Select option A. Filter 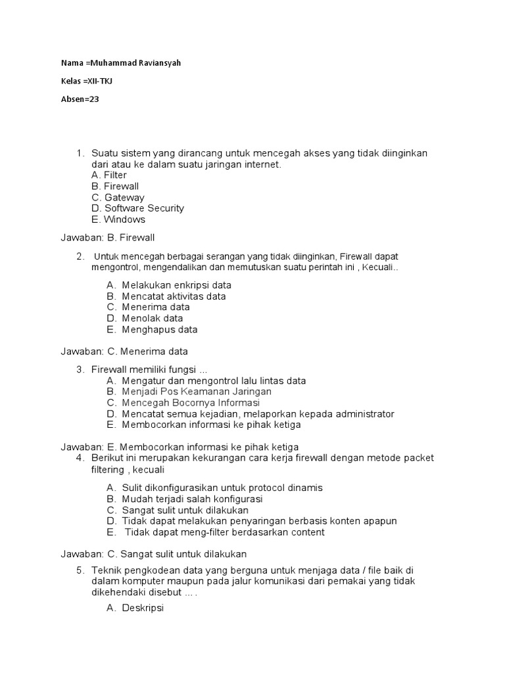point(109,175)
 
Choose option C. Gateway point(118,197)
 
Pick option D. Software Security point(138,208)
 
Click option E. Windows point(118,220)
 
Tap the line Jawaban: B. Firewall point(108,237)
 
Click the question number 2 point(80,256)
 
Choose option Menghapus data point(159,329)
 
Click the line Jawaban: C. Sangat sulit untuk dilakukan point(154,554)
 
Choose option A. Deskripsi point(135,609)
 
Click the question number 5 point(80,570)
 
